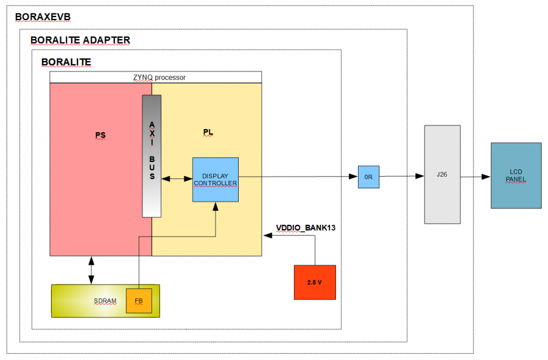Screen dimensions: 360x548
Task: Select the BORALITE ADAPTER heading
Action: pyautogui.click(x=80, y=40)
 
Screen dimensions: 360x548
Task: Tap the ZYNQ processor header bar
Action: pyautogui.click(x=155, y=77)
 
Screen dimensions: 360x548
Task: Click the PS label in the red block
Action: pyautogui.click(x=100, y=135)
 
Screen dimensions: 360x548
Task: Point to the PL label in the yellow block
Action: pyautogui.click(x=207, y=132)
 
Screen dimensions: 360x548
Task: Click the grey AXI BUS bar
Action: pyautogui.click(x=152, y=156)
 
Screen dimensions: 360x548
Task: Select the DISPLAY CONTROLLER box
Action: pyautogui.click(x=216, y=179)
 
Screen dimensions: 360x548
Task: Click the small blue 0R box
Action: pyautogui.click(x=368, y=177)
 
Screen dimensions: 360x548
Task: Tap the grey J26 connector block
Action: pyautogui.click(x=442, y=174)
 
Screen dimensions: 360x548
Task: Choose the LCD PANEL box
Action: pyautogui.click(x=516, y=175)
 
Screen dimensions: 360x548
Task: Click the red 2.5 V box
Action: pyautogui.click(x=315, y=282)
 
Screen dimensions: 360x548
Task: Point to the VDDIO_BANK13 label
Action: pyautogui.click(x=306, y=228)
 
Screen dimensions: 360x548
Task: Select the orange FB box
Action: pyautogui.click(x=139, y=301)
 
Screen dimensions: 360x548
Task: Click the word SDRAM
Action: pyautogui.click(x=105, y=301)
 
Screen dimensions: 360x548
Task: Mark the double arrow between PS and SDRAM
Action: pyautogui.click(x=91, y=270)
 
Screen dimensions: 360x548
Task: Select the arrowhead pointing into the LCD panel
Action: pyautogui.click(x=487, y=177)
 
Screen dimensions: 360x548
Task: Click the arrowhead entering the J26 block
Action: pyautogui.click(x=420, y=177)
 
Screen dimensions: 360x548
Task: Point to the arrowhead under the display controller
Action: pyautogui.click(x=216, y=206)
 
